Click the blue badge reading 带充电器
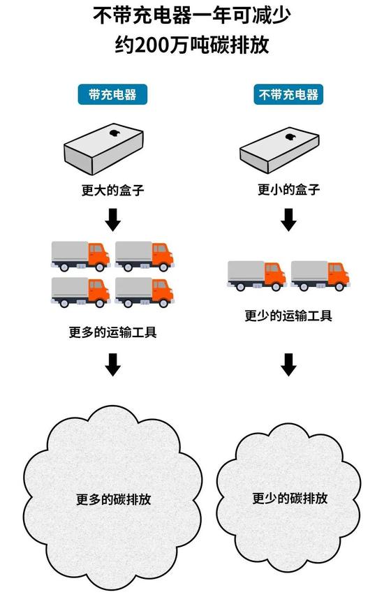pyautogui.click(x=112, y=94)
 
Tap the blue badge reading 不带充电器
pyautogui.click(x=288, y=94)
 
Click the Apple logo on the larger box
pyautogui.click(x=115, y=133)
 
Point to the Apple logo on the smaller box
pyautogui.click(x=290, y=137)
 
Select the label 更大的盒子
pyautogui.click(x=112, y=190)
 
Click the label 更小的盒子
pyautogui.click(x=288, y=189)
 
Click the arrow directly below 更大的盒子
pyautogui.click(x=112, y=220)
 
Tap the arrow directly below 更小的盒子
pyautogui.click(x=288, y=220)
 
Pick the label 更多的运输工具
pyautogui.click(x=112, y=332)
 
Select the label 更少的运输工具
pyautogui.click(x=288, y=316)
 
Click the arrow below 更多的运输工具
pyautogui.click(x=112, y=364)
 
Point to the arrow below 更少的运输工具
pyautogui.click(x=288, y=364)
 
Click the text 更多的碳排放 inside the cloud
pyautogui.click(x=113, y=499)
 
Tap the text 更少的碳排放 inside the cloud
pyautogui.click(x=290, y=498)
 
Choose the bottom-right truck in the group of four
pyautogui.click(x=145, y=292)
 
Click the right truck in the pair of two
pyautogui.click(x=320, y=276)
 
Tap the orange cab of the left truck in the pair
pyautogui.click(x=275, y=274)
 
